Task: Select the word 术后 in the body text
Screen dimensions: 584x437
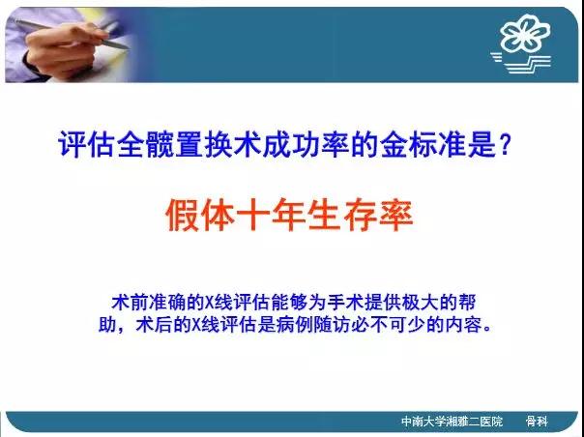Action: [x=154, y=325]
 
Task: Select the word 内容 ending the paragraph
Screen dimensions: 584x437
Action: [x=466, y=325]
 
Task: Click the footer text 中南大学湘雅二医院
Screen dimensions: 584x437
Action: [x=453, y=422]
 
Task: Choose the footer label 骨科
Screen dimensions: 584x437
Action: [x=537, y=422]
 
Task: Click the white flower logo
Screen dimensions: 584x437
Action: [x=525, y=33]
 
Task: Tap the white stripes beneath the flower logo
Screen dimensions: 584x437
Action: [x=521, y=63]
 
